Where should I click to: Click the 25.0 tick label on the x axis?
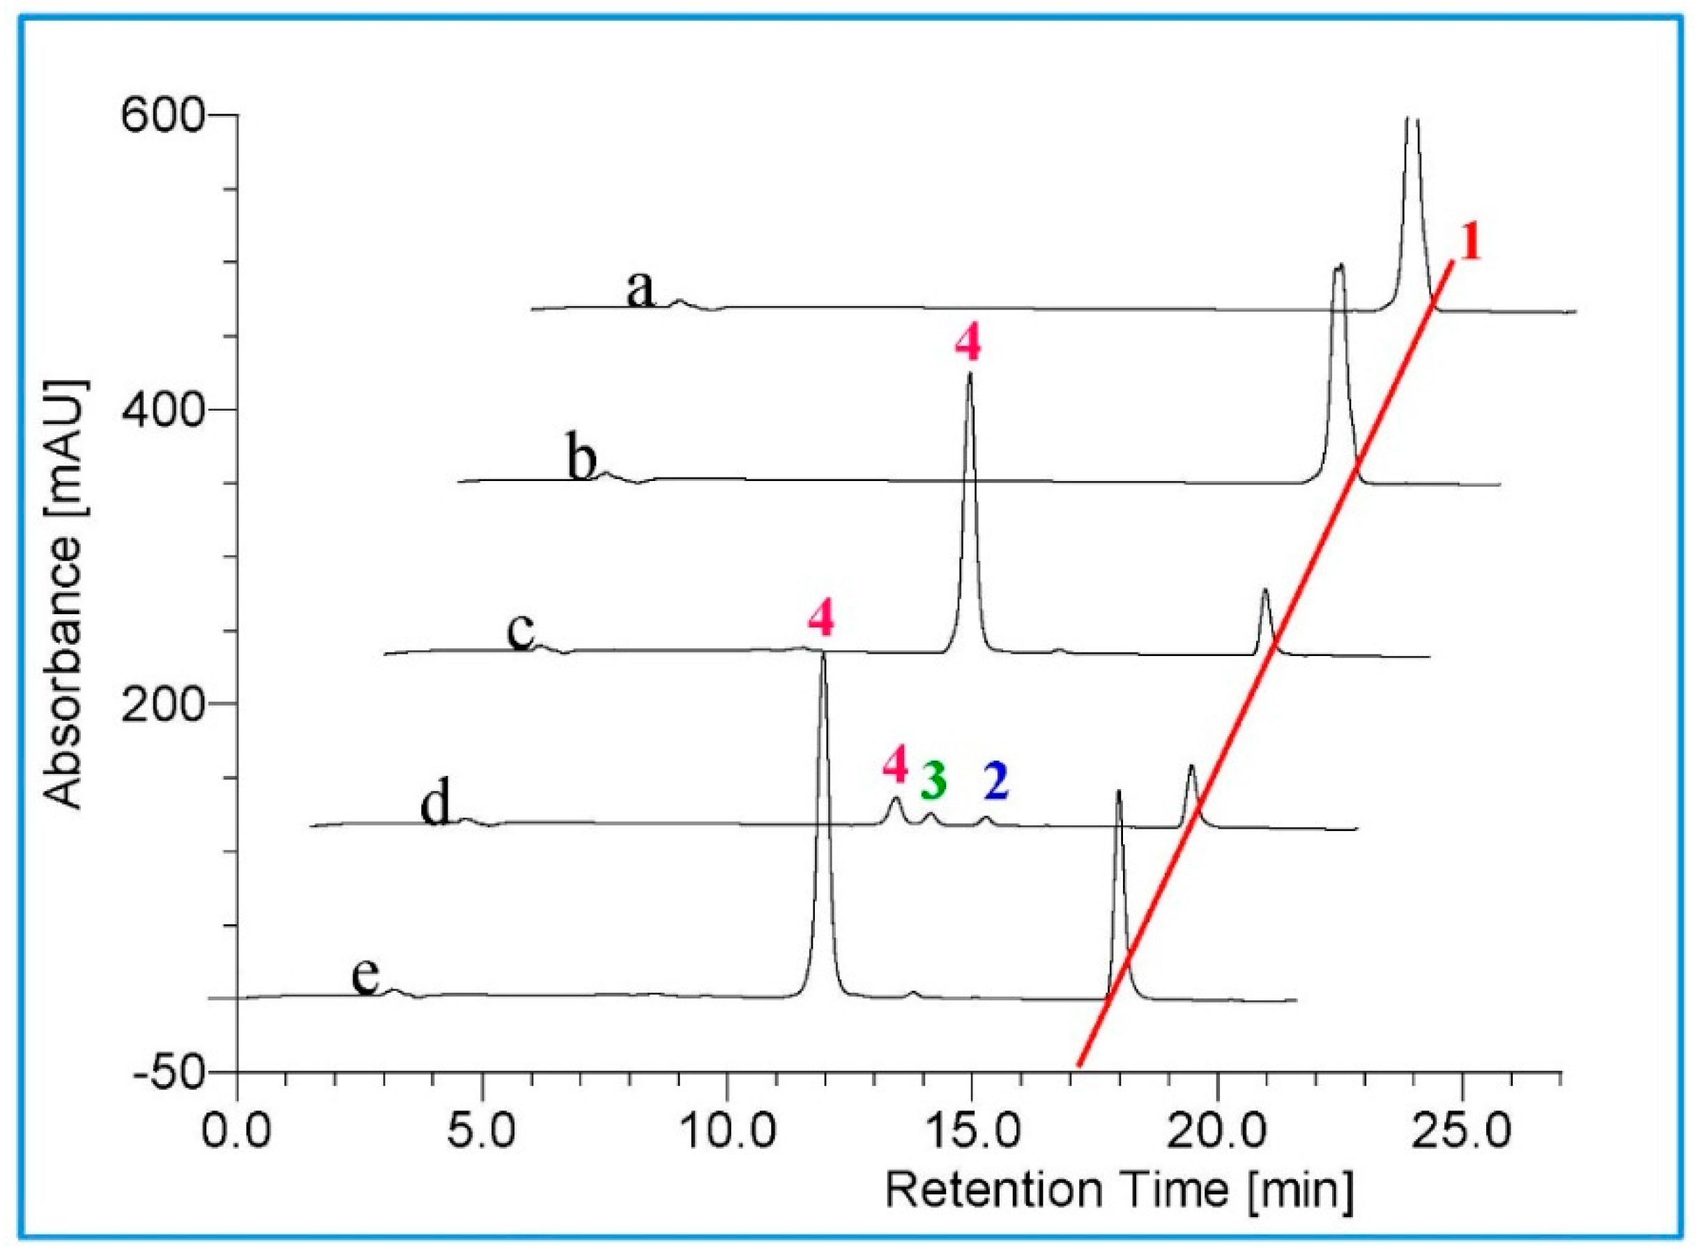tap(1460, 1131)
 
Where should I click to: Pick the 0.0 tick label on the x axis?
tap(237, 1131)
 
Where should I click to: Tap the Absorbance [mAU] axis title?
tap(64, 595)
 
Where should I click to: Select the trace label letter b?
tap(582, 457)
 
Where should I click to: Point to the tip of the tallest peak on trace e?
tap(822, 654)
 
